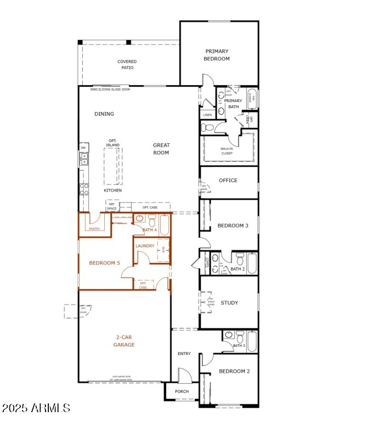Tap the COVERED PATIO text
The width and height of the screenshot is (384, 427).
[x=127, y=65]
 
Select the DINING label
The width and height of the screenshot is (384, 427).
[x=104, y=114]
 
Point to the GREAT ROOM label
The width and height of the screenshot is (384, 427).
[x=161, y=149]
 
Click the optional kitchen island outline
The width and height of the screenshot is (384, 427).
[x=113, y=166]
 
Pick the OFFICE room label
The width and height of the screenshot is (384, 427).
[x=228, y=181]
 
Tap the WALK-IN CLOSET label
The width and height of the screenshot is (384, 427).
[x=227, y=151]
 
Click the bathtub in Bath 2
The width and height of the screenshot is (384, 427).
[x=252, y=263]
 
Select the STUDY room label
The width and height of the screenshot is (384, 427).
[x=229, y=302]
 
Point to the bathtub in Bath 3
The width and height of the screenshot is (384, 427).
[x=252, y=341]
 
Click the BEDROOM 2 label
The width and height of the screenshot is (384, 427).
[x=234, y=372]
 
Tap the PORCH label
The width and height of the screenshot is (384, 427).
[x=182, y=391]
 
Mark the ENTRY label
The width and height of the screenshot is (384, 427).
[x=184, y=353]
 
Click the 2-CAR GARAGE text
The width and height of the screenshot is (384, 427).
[x=125, y=341]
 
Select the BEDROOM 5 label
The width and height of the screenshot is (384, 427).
[x=104, y=263]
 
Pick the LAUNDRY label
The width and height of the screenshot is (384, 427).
[x=145, y=246]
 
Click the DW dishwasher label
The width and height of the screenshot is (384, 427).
[x=83, y=147]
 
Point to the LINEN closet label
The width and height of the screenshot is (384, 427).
[x=207, y=115]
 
